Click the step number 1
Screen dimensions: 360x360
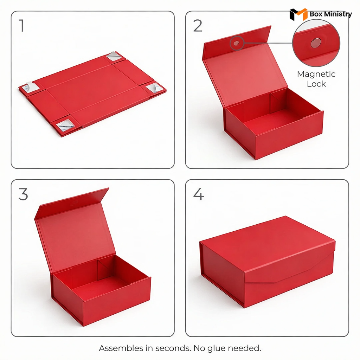(22, 26)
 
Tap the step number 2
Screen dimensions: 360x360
(198, 26)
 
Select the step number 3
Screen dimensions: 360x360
(23, 194)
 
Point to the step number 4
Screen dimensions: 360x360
(198, 194)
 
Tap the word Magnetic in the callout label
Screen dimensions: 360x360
(316, 74)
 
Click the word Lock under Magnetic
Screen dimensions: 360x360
(316, 84)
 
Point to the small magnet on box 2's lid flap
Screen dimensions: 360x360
(236, 43)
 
